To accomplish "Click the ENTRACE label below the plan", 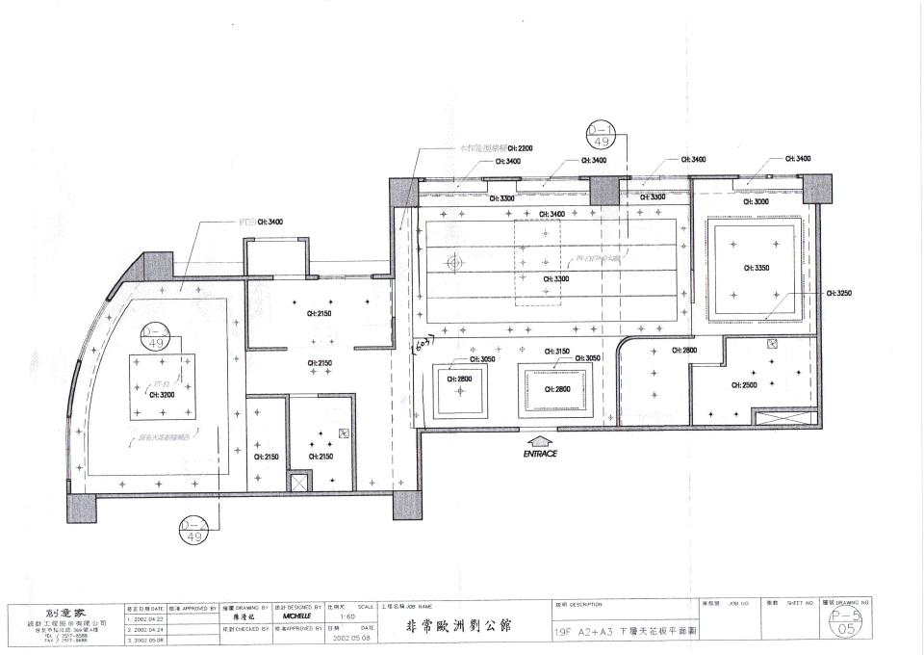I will [541, 453].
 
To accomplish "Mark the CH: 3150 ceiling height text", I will [557, 352].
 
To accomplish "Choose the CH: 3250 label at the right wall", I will [839, 292].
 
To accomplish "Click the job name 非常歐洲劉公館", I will [459, 626].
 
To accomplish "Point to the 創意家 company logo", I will [64, 612].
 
